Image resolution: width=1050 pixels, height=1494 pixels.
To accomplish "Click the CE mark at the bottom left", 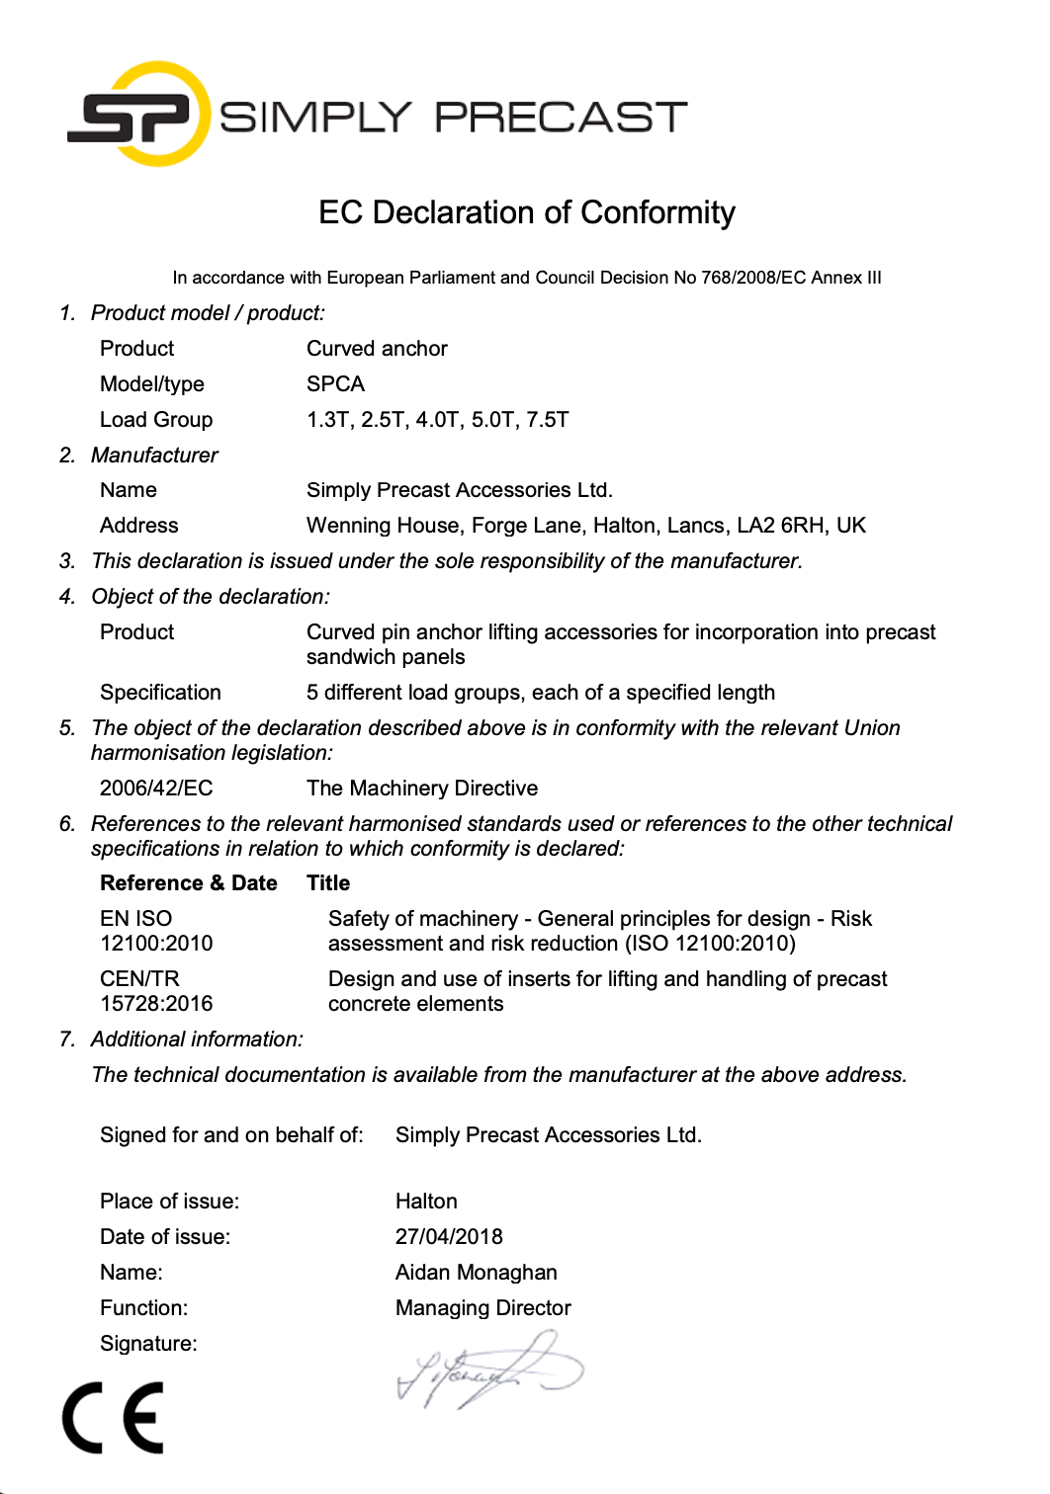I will pos(113,1418).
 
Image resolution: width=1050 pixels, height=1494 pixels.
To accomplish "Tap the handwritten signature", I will pos(489,1369).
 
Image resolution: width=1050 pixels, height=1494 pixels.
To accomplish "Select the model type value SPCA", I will pos(335,384).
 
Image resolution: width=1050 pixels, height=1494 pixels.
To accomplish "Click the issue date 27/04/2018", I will pos(449,1237).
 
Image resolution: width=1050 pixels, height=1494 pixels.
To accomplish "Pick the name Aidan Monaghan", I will pos(476,1273).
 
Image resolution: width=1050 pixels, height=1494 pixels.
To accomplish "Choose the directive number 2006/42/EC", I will pos(156,788).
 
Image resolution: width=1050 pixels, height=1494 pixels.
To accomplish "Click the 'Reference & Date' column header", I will pos(188,883).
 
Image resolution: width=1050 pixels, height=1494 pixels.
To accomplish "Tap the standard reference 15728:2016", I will pos(156,1004).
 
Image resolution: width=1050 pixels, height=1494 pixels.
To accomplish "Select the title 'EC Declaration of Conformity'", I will pos(526,212).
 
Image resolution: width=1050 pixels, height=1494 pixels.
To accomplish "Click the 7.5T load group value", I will pos(548,420).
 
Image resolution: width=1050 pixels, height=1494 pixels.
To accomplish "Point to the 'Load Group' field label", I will pos(156,420).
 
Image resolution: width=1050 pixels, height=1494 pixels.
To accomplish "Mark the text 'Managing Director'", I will pos(482,1308).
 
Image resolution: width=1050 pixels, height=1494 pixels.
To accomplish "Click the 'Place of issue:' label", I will pos(169,1202).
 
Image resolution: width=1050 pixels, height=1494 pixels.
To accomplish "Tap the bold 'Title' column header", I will pos(328,883).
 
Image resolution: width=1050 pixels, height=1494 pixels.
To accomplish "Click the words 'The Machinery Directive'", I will pos(422,788).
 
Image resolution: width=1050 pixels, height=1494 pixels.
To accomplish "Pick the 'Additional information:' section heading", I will pos(197,1039).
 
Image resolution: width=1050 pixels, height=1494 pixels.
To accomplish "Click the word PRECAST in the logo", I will pos(561,118).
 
